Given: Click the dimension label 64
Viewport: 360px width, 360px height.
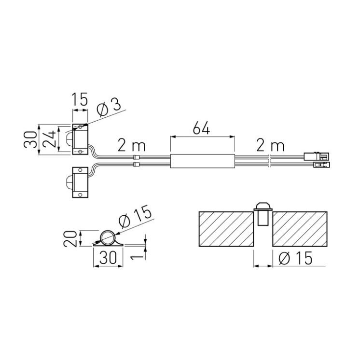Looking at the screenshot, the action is [201, 128].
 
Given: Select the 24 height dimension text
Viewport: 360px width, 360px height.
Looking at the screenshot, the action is [50, 139].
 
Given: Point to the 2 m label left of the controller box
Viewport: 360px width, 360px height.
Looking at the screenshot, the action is [132, 145].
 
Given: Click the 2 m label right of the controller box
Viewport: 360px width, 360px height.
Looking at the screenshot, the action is [270, 145].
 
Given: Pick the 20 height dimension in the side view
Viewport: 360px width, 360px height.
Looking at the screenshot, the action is [70, 238].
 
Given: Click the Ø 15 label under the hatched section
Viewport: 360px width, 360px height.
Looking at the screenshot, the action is [295, 258].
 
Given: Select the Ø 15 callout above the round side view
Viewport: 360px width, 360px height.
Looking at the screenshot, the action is [135, 217].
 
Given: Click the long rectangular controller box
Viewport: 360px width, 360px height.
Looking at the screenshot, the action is [203, 161].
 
